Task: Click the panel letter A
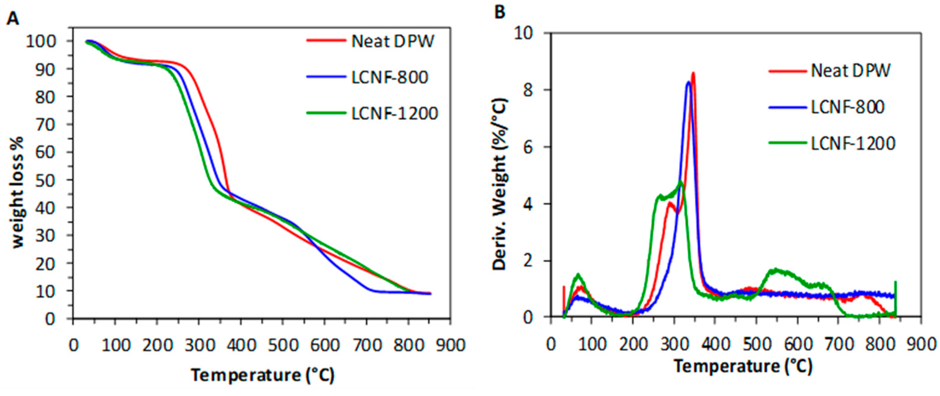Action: pyautogui.click(x=13, y=17)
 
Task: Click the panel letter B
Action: pyautogui.click(x=500, y=12)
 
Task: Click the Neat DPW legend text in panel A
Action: pyautogui.click(x=393, y=41)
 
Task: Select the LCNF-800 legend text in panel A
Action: pyautogui.click(x=390, y=77)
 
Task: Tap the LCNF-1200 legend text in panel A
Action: pyautogui.click(x=394, y=113)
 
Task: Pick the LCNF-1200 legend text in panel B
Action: pyautogui.click(x=853, y=143)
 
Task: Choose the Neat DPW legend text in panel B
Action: pyautogui.click(x=851, y=71)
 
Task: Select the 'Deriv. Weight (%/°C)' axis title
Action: pyautogui.click(x=500, y=184)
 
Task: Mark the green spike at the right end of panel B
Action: pyautogui.click(x=895, y=292)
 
